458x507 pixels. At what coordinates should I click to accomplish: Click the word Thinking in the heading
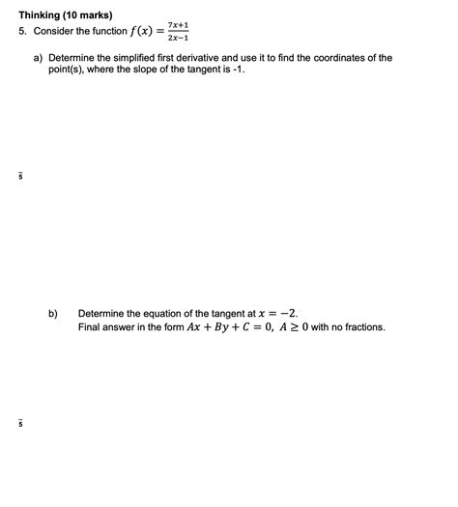coord(42,14)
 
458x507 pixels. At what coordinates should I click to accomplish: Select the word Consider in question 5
coord(55,31)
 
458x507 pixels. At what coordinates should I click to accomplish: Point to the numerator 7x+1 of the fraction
coord(177,23)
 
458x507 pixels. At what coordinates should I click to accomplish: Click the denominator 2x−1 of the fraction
coord(177,38)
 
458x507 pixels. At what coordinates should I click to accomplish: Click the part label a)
coord(40,58)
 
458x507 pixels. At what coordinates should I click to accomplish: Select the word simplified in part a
coord(143,58)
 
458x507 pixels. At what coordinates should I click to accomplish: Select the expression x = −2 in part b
coord(279,313)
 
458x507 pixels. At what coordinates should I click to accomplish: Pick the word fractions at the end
coord(360,326)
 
